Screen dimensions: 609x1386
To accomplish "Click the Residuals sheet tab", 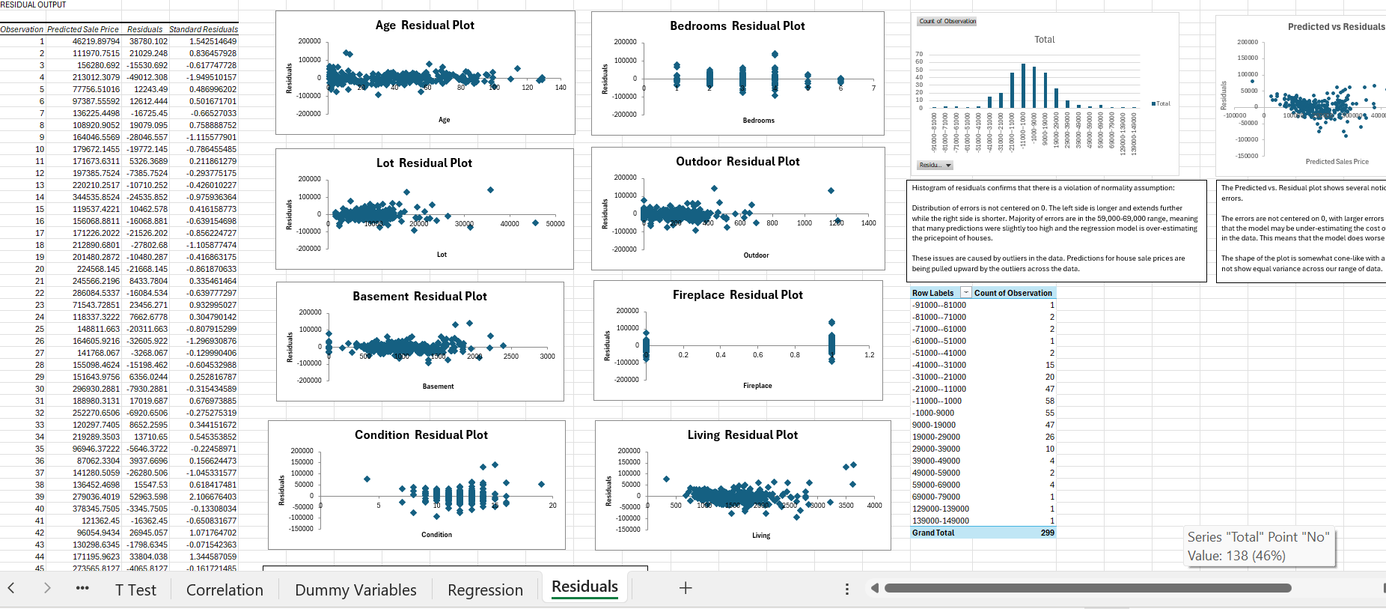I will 584,587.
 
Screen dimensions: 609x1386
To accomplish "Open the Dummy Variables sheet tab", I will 355,590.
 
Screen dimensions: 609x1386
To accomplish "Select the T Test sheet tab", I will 135,590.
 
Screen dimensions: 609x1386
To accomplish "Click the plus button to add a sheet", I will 685,589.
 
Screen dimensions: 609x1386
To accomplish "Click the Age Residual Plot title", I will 424,25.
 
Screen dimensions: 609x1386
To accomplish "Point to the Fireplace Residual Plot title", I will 737,295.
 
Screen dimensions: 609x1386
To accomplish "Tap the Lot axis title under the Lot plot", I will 442,255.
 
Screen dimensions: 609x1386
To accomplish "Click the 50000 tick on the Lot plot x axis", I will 555,224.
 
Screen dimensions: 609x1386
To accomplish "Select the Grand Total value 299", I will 1047,533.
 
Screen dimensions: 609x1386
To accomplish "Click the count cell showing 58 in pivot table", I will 1049,401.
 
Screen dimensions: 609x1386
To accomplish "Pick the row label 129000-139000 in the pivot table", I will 940,509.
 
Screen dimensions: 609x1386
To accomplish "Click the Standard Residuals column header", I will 203,29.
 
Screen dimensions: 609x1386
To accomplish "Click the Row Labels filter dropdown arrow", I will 966,293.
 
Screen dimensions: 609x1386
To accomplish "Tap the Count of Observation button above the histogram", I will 947,21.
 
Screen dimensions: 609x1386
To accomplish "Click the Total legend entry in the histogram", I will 1162,103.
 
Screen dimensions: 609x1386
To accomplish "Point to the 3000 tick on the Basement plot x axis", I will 547,357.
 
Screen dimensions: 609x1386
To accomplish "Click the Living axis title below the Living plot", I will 761,536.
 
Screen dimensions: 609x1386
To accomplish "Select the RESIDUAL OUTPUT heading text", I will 33,4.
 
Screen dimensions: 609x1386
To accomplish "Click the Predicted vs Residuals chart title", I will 1336,26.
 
